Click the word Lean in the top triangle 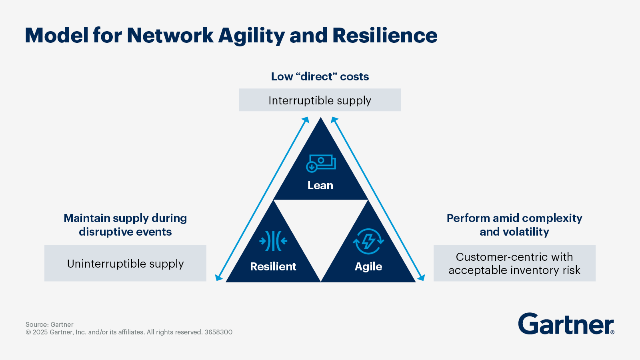tap(320, 186)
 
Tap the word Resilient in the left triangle tap(273, 266)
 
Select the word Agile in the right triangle tap(368, 266)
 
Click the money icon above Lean tap(321, 164)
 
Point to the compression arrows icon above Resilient tap(273, 241)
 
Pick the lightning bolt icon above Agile tap(368, 242)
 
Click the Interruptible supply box tap(320, 100)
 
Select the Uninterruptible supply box tap(125, 263)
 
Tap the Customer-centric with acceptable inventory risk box tap(514, 263)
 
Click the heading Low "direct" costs tap(320, 76)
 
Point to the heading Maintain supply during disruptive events tap(125, 225)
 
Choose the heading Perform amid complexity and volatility tap(514, 225)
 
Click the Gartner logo tap(566, 324)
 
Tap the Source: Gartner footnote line tap(50, 324)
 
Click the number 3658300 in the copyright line tap(218, 332)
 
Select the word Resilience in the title tap(385, 36)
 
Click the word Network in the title tap(170, 36)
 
